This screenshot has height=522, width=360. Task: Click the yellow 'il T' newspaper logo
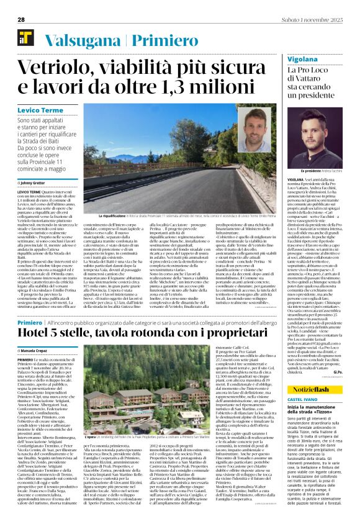(17, 38)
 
